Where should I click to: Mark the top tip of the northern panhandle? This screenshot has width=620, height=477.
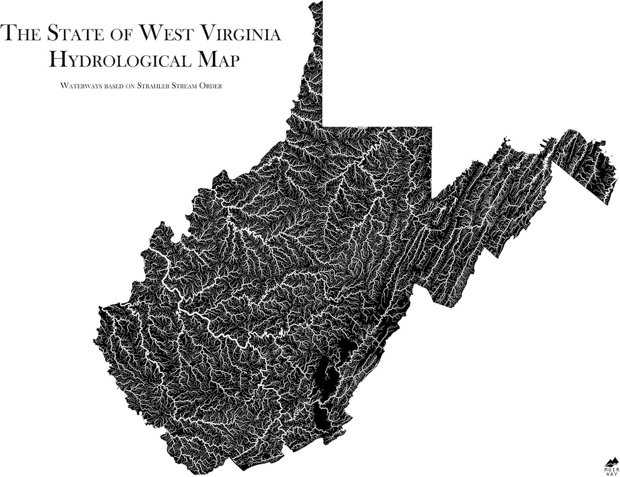tap(315, 3)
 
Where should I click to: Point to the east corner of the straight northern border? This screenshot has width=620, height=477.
tap(431, 127)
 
